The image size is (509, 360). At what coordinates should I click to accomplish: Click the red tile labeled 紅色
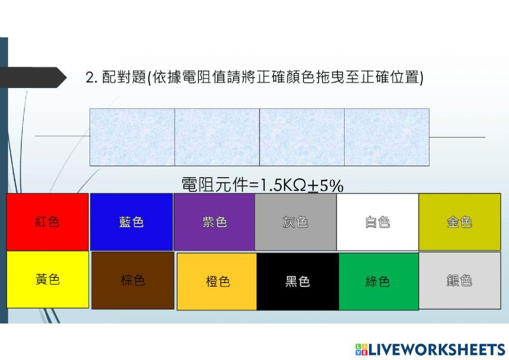(x=47, y=221)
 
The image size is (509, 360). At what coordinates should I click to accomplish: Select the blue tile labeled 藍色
(x=131, y=221)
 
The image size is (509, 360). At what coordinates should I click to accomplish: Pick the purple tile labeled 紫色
(x=214, y=221)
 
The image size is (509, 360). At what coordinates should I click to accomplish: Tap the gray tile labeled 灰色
(x=295, y=221)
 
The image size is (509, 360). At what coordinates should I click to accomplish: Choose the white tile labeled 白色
(x=377, y=221)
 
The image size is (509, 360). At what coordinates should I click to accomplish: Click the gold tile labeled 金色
(x=459, y=221)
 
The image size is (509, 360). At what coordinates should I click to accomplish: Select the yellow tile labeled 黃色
(x=47, y=279)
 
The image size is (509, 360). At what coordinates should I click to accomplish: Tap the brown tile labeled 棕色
(x=132, y=280)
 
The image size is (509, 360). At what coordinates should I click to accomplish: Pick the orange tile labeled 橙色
(x=217, y=281)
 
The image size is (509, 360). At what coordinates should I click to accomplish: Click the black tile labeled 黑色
(x=298, y=281)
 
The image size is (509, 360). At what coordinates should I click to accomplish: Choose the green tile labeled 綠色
(x=378, y=281)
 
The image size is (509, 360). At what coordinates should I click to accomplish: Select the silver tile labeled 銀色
(x=459, y=280)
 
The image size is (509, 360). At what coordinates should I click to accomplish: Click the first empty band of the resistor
(x=132, y=137)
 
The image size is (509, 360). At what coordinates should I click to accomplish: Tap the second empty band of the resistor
(x=217, y=137)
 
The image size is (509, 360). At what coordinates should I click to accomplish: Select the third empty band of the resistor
(x=302, y=137)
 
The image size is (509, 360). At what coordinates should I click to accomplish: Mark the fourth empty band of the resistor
(x=387, y=137)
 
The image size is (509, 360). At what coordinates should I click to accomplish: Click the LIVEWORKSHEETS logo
(x=430, y=349)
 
